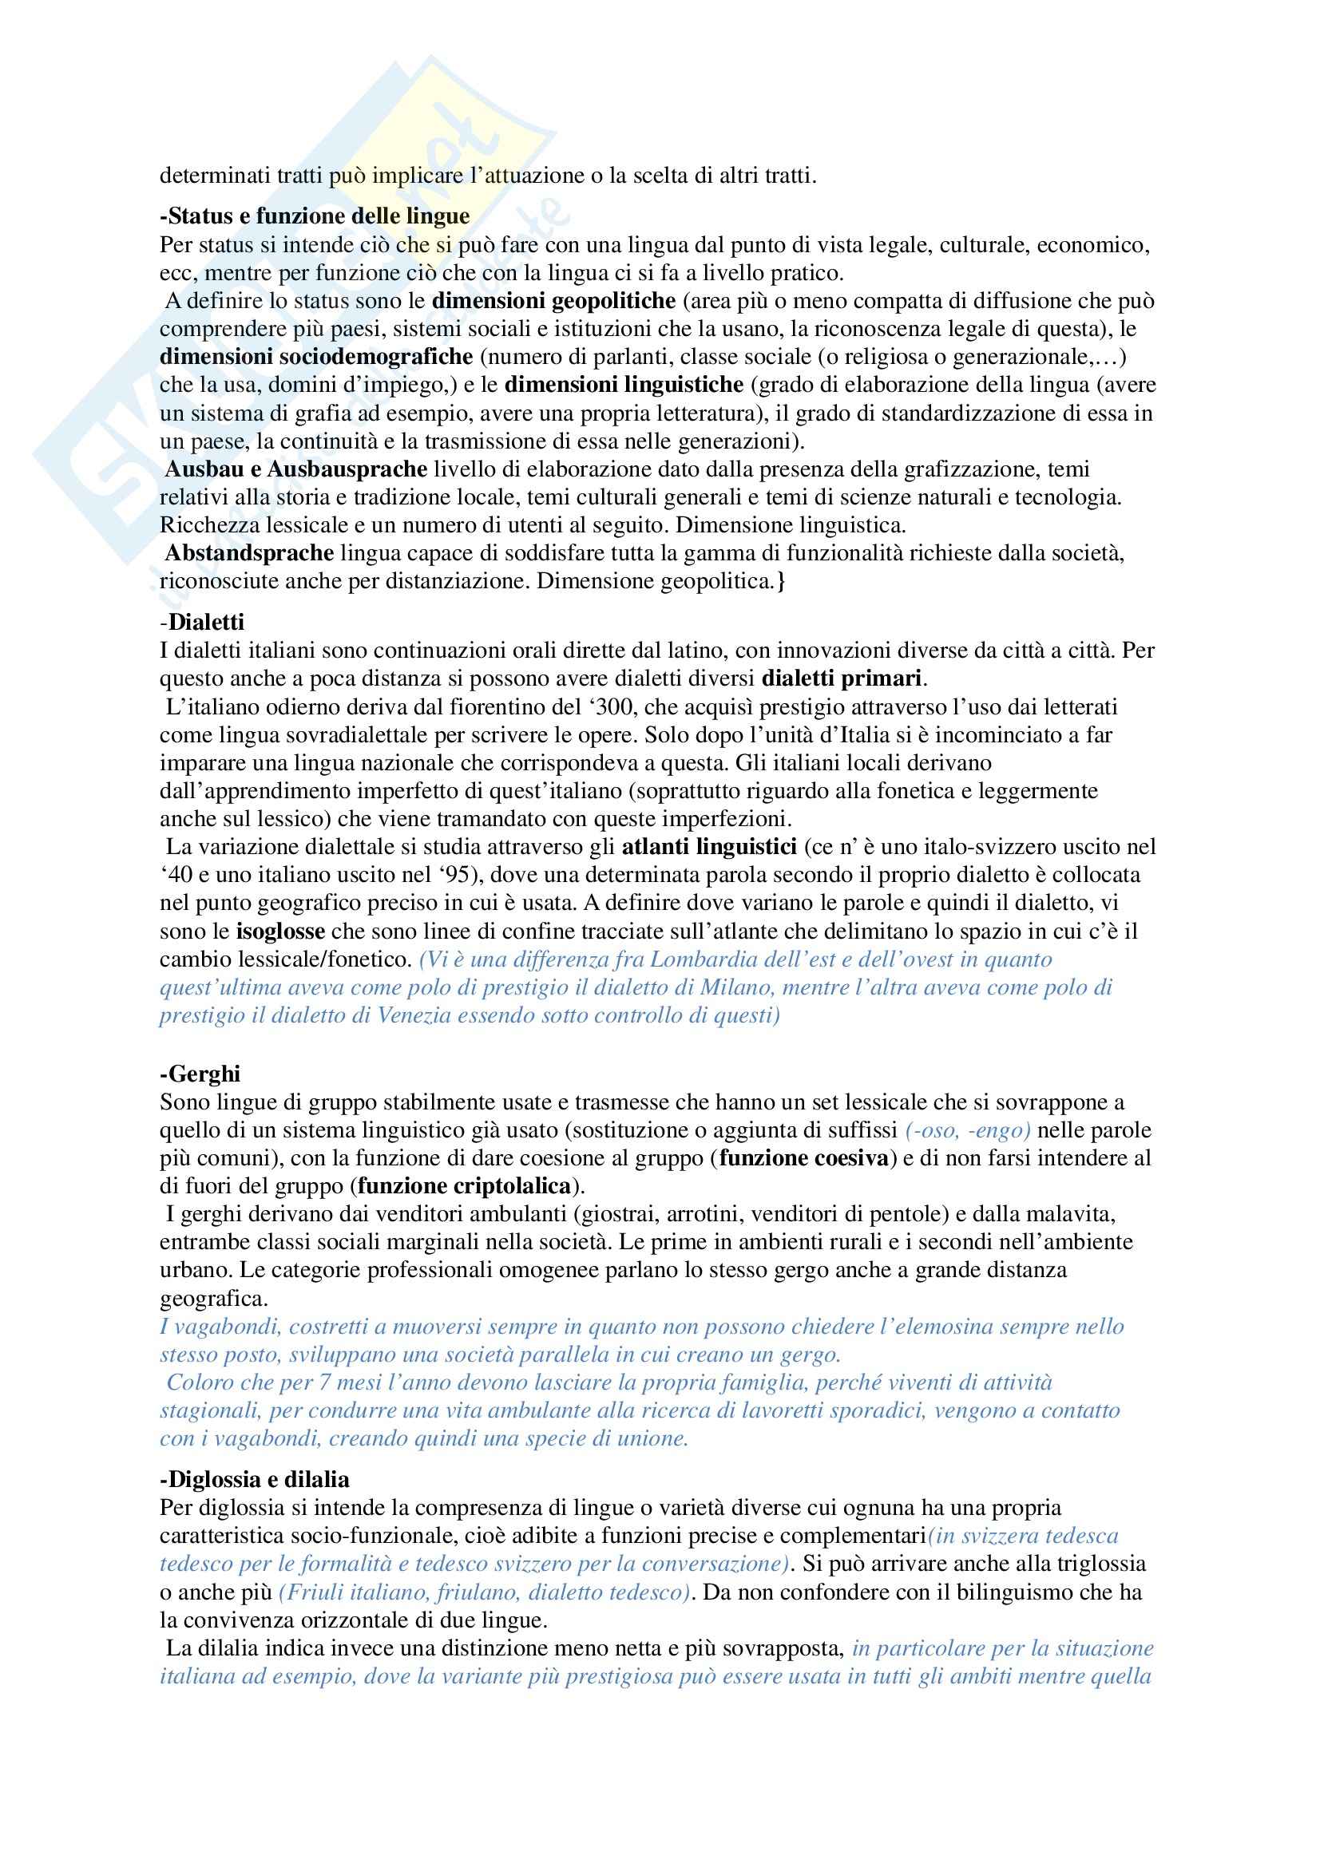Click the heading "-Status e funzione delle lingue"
point(315,216)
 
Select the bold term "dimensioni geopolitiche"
point(554,301)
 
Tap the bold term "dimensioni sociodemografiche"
point(316,356)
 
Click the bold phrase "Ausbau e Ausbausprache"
point(296,469)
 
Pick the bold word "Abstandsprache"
point(250,553)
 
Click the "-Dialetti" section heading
point(202,622)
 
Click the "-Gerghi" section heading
point(200,1074)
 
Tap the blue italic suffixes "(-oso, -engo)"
point(968,1129)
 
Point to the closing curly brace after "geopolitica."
point(781,580)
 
